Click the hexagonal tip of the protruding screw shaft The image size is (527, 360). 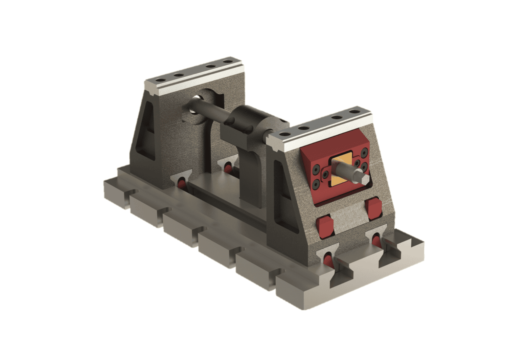coord(364,178)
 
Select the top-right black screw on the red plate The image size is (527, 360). coord(364,152)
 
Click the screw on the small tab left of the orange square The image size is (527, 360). coord(325,174)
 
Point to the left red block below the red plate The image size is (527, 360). coord(325,225)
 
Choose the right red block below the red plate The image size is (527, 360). coord(374,208)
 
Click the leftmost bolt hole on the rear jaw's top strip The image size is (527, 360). coord(159,80)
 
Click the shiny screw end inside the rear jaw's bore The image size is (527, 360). coord(198,98)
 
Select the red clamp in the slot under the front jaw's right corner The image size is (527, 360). coord(376,241)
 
